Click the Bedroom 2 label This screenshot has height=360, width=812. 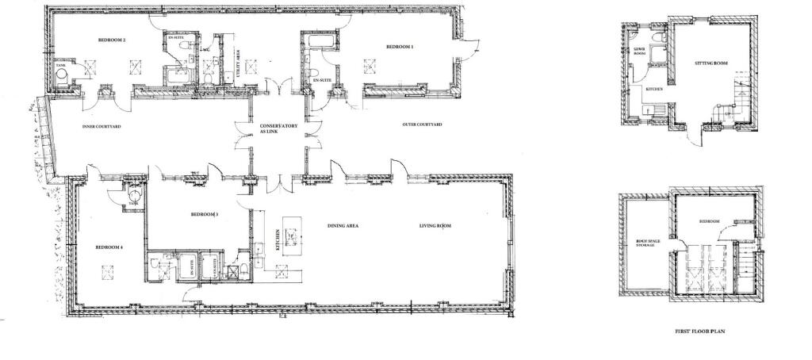click(113, 39)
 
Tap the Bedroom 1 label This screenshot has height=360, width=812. click(400, 47)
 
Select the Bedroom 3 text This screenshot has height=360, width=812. click(205, 215)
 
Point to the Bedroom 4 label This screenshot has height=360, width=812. click(109, 247)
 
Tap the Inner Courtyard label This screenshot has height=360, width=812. click(101, 126)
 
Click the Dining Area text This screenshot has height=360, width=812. click(343, 226)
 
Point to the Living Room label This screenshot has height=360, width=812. click(435, 226)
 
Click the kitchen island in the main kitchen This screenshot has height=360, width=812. click(293, 236)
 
